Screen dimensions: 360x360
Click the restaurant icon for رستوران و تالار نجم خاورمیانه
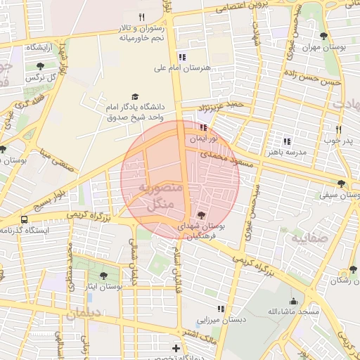141,17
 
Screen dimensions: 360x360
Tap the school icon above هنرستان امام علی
182,57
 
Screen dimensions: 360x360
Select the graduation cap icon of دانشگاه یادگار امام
134,97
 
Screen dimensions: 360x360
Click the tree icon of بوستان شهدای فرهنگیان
202,215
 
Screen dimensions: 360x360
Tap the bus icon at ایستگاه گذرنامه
25,219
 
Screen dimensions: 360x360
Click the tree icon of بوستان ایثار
104,276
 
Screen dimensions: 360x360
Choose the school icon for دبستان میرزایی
221,308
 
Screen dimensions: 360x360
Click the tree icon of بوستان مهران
323,36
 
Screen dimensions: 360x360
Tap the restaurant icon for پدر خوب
338,129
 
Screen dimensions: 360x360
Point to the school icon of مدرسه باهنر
286,141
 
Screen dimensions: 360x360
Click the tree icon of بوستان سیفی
341,184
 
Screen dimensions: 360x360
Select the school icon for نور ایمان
203,128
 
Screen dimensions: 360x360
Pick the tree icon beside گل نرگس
39,66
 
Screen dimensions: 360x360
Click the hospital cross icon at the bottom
176,348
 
